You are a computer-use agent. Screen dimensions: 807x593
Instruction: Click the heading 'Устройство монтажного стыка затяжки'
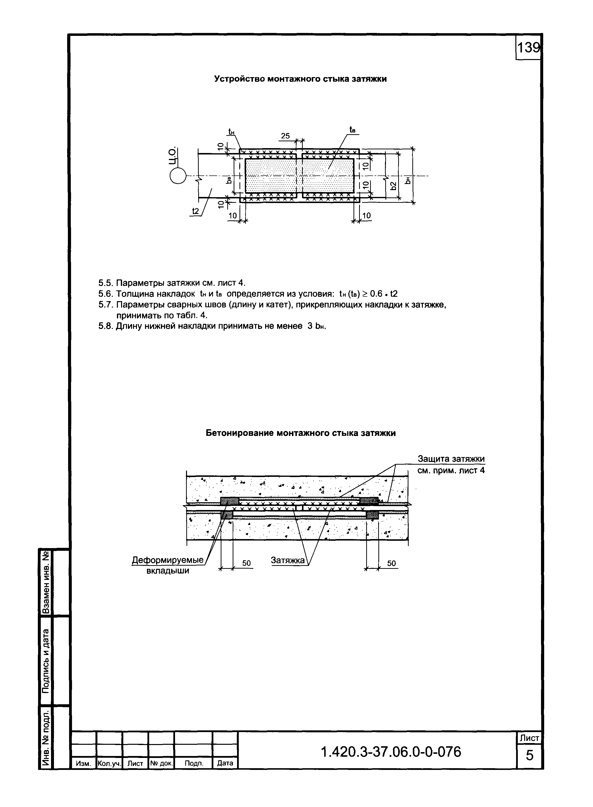coord(301,79)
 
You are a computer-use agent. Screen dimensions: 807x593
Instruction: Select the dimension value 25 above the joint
coord(285,136)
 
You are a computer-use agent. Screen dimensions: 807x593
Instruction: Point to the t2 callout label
coord(195,211)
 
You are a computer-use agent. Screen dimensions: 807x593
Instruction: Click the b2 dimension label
coord(393,185)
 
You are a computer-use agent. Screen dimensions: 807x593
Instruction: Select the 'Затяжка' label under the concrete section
coord(288,560)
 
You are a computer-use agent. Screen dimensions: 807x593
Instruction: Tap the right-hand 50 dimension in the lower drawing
coord(391,563)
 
